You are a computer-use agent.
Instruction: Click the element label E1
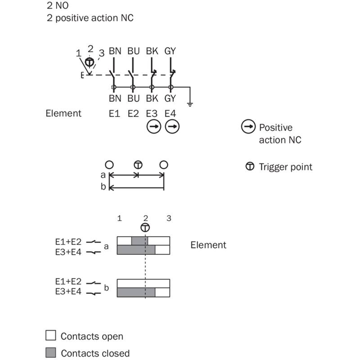(114, 113)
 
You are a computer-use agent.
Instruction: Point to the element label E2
(133, 113)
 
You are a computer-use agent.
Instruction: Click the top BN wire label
(115, 51)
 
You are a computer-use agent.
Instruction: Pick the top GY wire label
(170, 51)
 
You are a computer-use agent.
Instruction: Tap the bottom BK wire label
(152, 98)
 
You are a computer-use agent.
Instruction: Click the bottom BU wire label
(133, 98)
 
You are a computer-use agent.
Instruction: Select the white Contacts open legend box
(51, 336)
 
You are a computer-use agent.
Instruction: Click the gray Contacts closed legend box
(51, 352)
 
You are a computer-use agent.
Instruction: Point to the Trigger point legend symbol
(249, 166)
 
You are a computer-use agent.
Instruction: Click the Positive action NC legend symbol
(248, 127)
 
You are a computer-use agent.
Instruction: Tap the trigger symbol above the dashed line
(145, 227)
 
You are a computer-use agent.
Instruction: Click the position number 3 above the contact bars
(169, 218)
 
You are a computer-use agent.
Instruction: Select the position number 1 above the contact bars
(119, 218)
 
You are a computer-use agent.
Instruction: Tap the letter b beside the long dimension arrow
(103, 186)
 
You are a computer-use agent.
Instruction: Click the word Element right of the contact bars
(208, 245)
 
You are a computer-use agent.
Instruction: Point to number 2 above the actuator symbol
(90, 48)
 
